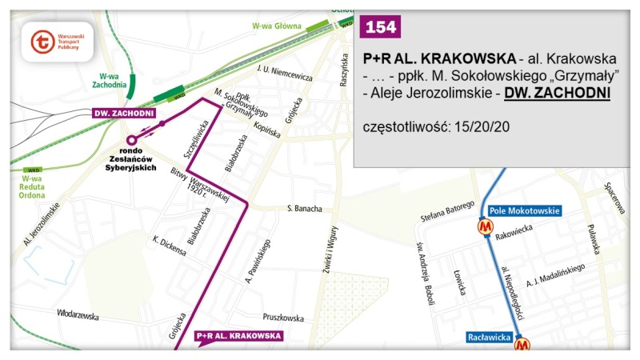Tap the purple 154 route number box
(380, 27)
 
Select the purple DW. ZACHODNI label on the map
(124, 113)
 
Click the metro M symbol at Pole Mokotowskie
(485, 226)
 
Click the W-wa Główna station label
(276, 26)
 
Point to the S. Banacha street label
(305, 209)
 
